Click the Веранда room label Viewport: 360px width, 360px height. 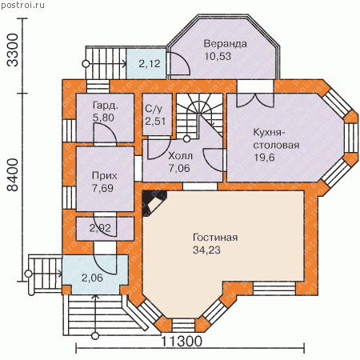tap(225, 44)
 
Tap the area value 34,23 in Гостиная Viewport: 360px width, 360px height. tap(206, 250)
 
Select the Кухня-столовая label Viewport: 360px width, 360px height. tap(276, 138)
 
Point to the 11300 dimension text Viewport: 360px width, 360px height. tap(182, 341)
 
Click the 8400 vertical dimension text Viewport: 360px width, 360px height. tap(13, 175)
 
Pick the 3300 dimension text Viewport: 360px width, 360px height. tap(13, 50)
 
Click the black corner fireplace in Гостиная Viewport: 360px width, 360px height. tap(154, 203)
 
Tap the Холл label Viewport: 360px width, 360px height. tap(180, 155)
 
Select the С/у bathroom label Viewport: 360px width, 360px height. tap(154, 109)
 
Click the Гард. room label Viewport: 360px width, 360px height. tap(105, 106)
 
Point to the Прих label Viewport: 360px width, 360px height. tap(105, 176)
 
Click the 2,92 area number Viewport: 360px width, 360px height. tap(100, 228)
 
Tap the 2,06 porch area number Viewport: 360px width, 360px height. tap(92, 278)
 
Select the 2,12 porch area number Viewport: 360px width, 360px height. tap(150, 64)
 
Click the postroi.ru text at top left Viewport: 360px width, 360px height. tap(22, 5)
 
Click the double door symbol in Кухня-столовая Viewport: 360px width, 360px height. tap(255, 100)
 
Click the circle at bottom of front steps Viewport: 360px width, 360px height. tap(95, 336)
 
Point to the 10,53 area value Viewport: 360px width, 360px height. tap(218, 57)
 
